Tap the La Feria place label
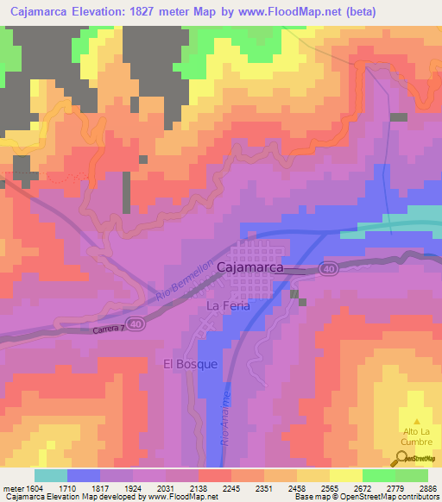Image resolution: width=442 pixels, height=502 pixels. point(229,306)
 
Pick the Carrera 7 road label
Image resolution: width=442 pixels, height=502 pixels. point(106,329)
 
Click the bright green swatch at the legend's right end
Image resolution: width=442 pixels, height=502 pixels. point(412,475)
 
